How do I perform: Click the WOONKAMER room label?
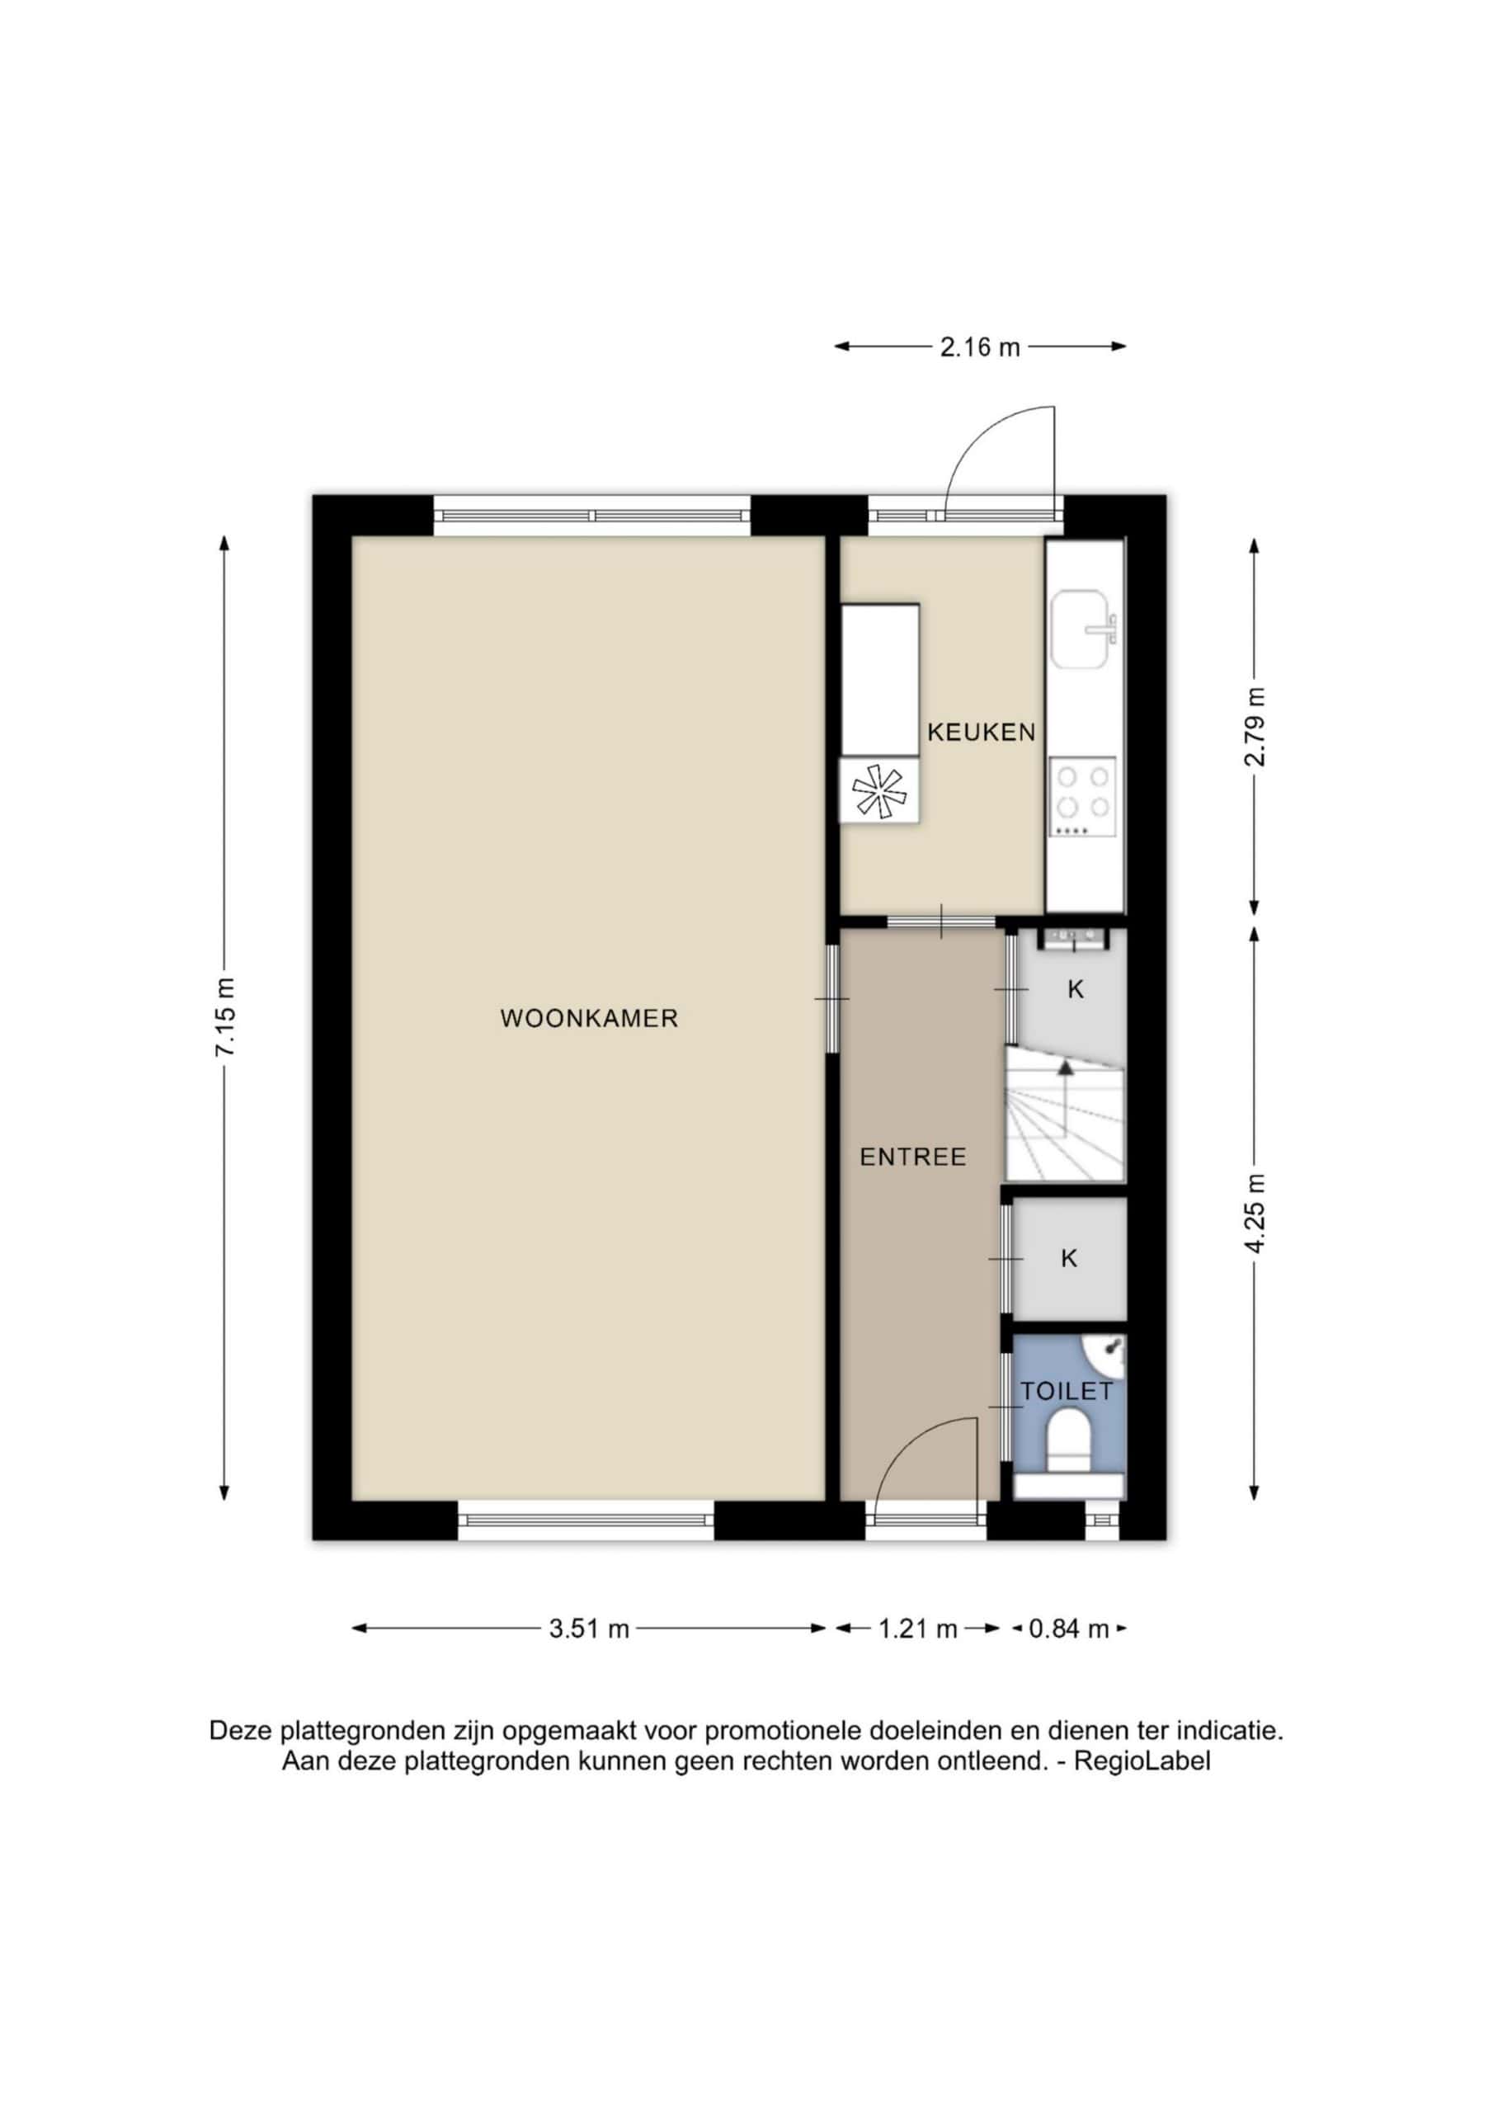point(589,1018)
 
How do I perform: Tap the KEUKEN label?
point(982,733)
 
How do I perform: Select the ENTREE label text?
point(912,1157)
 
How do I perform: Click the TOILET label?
point(1067,1391)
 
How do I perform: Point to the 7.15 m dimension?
point(226,1018)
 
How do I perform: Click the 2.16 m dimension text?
point(980,347)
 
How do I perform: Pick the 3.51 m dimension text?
point(589,1629)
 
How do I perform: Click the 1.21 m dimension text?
point(918,1629)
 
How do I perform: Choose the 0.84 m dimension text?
point(1069,1629)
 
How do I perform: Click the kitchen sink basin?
point(1085,629)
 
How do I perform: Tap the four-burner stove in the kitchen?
point(1083,797)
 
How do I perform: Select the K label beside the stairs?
point(1076,990)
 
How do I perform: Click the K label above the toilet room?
point(1069,1258)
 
